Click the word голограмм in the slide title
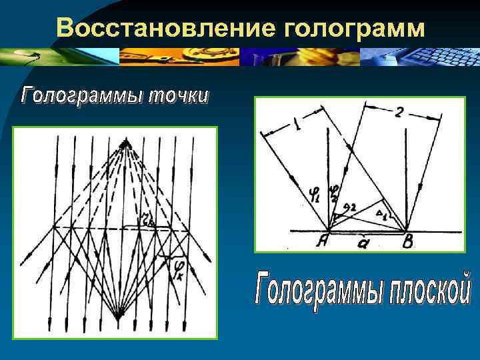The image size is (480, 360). click(x=354, y=28)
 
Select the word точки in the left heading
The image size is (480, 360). click(x=177, y=95)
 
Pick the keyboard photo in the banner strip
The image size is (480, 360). click(x=421, y=57)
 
